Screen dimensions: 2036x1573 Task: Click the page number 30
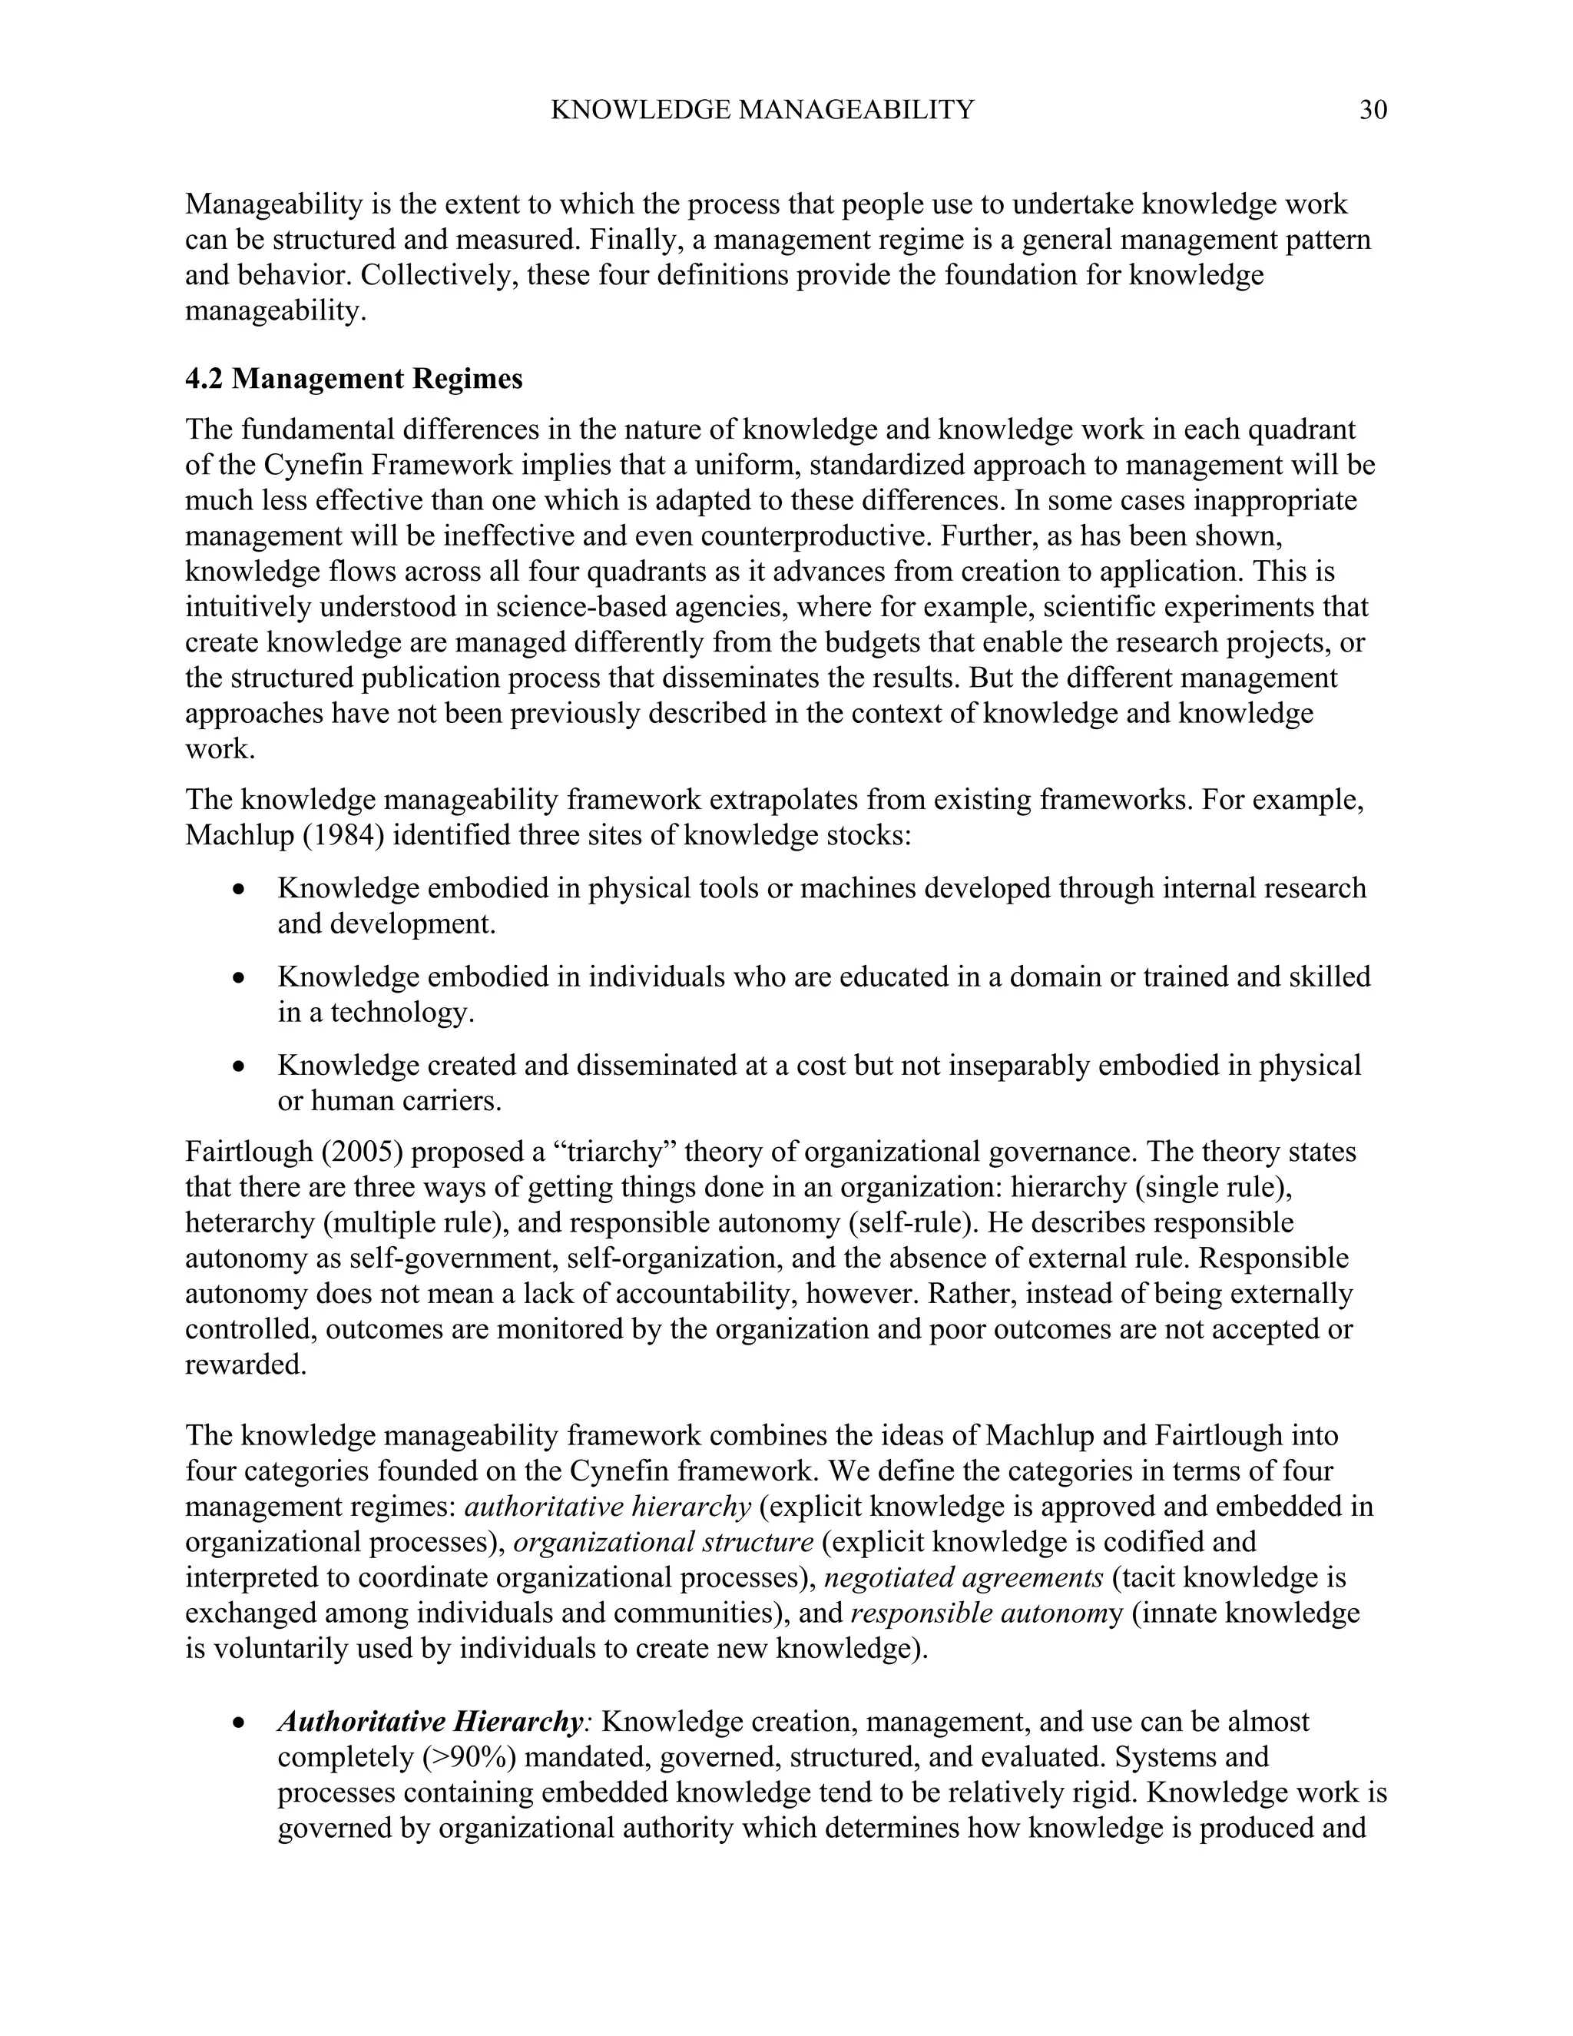[x=1373, y=110]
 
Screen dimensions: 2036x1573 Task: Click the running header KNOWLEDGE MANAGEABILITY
[x=762, y=110]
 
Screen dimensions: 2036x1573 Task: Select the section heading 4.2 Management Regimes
[x=354, y=380]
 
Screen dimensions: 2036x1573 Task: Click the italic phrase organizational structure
[x=664, y=1543]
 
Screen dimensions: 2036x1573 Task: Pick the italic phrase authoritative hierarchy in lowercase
[x=608, y=1507]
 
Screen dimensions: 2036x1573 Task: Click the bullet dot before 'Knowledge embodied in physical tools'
[x=240, y=890]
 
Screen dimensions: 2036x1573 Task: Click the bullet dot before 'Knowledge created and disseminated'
[x=240, y=1066]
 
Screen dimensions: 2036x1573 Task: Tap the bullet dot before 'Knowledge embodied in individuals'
[x=240, y=979]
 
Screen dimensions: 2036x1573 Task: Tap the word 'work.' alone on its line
[x=220, y=750]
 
